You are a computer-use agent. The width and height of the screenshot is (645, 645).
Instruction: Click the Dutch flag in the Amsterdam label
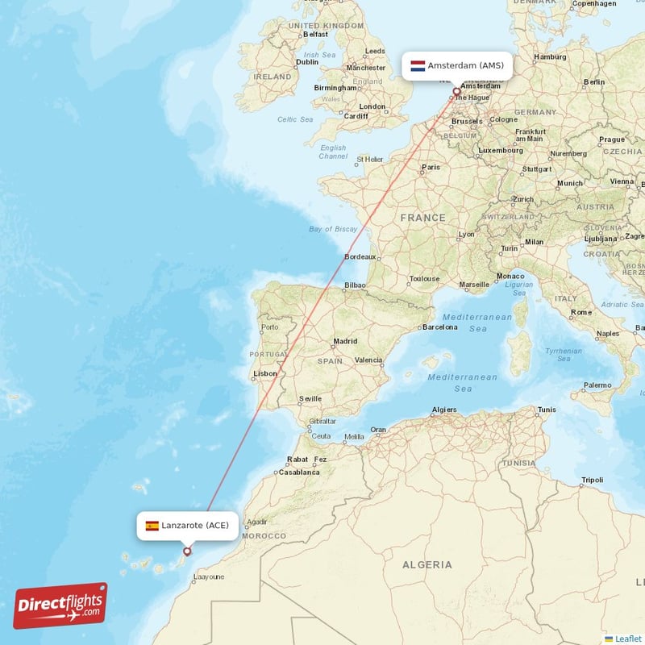[x=418, y=65]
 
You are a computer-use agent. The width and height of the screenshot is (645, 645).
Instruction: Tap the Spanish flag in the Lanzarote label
[x=152, y=526]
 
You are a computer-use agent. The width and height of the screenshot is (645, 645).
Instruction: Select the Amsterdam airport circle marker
[x=456, y=91]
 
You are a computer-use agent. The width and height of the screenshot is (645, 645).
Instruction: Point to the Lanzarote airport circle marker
[x=187, y=552]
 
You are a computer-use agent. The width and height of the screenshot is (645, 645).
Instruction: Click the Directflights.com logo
[x=60, y=605]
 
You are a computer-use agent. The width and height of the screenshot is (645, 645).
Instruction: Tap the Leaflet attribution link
[x=627, y=639]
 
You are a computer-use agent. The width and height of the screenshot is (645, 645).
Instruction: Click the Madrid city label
[x=345, y=341]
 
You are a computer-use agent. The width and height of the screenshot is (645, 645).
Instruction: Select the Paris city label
[x=431, y=168]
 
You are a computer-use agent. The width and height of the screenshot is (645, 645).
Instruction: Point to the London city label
[x=372, y=106]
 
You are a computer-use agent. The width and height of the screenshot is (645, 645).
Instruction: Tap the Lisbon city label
[x=265, y=374]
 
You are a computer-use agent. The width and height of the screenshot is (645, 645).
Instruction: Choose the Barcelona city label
[x=440, y=327]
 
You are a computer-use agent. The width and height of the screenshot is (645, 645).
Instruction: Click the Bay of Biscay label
[x=333, y=229]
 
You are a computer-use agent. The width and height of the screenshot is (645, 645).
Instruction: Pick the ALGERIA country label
[x=427, y=564]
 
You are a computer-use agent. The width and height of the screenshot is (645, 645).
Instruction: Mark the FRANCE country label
[x=423, y=218]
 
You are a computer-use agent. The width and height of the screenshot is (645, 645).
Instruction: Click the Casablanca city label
[x=300, y=472]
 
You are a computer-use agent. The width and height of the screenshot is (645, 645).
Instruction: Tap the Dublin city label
[x=306, y=62]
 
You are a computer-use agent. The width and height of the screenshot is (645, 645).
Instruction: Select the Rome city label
[x=581, y=312]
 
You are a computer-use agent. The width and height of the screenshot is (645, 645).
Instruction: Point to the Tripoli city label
[x=592, y=481]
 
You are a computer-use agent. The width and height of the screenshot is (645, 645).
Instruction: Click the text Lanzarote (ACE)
[x=194, y=526]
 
